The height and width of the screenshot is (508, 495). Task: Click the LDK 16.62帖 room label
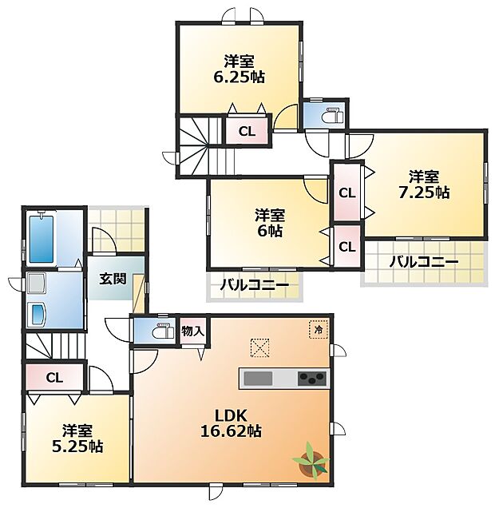click(x=231, y=423)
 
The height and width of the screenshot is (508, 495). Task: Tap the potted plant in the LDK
click(x=311, y=460)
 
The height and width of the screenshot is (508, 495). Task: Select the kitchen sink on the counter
click(x=258, y=379)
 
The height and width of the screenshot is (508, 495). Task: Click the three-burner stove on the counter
click(x=312, y=378)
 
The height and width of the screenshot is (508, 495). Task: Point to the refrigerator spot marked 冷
click(x=319, y=330)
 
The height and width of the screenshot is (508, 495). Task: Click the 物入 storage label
click(x=193, y=331)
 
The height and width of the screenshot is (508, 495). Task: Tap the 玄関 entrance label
click(x=113, y=279)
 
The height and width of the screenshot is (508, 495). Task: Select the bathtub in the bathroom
click(x=42, y=239)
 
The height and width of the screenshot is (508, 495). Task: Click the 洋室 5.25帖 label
click(x=77, y=439)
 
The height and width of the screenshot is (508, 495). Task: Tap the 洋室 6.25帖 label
click(x=240, y=69)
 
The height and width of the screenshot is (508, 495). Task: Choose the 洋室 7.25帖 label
click(x=424, y=185)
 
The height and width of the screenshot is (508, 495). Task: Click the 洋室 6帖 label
click(x=270, y=223)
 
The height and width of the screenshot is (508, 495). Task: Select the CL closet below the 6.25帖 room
click(x=247, y=131)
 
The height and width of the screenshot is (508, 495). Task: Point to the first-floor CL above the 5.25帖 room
click(x=54, y=378)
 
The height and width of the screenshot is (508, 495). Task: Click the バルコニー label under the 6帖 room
click(x=255, y=285)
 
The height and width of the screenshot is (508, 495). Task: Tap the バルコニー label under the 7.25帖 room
click(x=424, y=261)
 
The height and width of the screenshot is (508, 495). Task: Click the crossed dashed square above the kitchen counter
click(x=260, y=347)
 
